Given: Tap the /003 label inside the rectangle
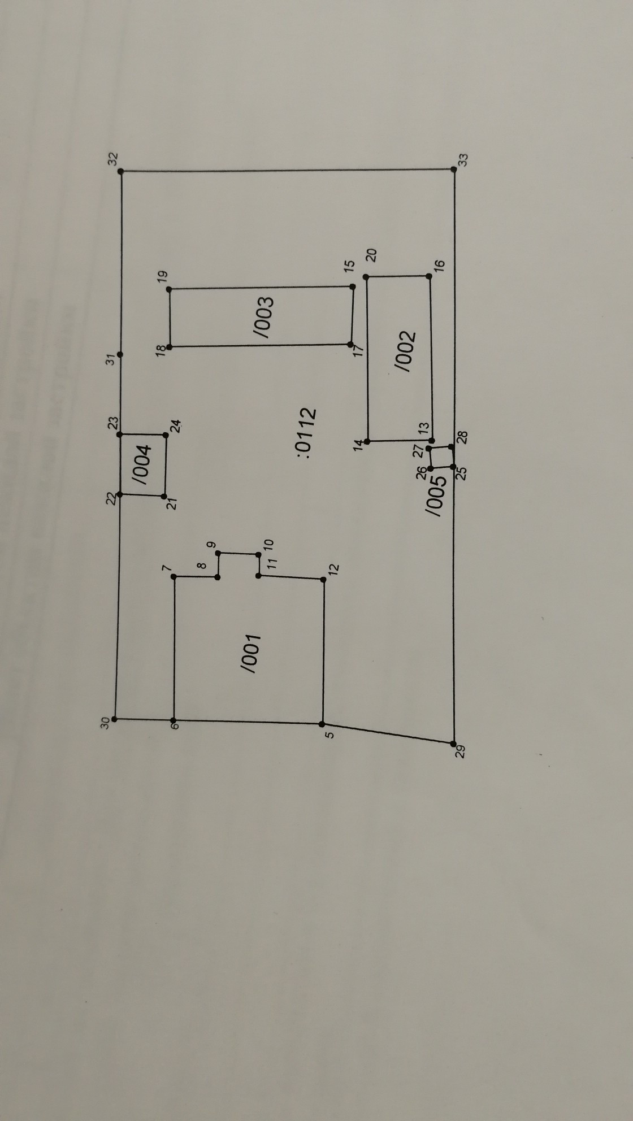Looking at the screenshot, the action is coord(263,317).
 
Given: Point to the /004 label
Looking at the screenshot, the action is coord(142,463).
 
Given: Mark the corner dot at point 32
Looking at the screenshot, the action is coord(122,171).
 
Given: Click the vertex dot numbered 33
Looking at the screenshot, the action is coord(454,170).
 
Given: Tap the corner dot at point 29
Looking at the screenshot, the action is coord(454,743).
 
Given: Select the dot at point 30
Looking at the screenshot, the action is coord(115,719).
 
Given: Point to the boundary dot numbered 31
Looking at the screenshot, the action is coord(120,355).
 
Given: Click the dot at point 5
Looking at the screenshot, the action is coord(322,724).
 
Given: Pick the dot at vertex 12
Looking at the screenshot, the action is coord(324,579).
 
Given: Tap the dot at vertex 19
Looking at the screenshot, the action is coord(170,289).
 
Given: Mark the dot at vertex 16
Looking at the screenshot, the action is coord(429,276).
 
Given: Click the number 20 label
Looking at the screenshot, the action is coord(371,255).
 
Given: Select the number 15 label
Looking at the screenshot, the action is coord(349,265).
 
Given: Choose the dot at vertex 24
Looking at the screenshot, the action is coord(166,435).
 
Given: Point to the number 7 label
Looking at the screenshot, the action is coord(166,568).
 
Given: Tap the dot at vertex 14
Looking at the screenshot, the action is coord(367,441).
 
